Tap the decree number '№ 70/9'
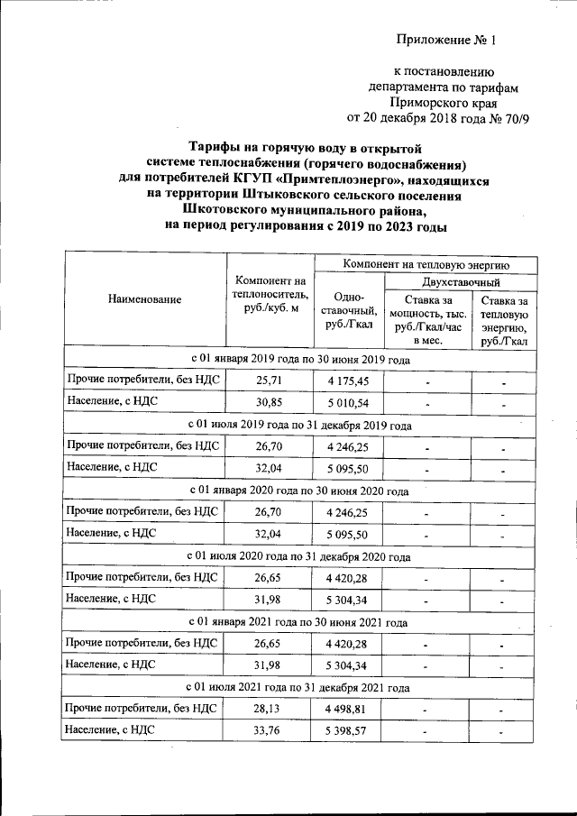tap(488, 117)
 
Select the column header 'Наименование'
tap(144, 299)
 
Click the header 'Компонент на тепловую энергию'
tap(427, 264)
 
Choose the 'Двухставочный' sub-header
tap(461, 282)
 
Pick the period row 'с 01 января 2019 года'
tap(299, 359)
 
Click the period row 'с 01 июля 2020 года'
tap(299, 557)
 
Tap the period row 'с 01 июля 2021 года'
tap(299, 688)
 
